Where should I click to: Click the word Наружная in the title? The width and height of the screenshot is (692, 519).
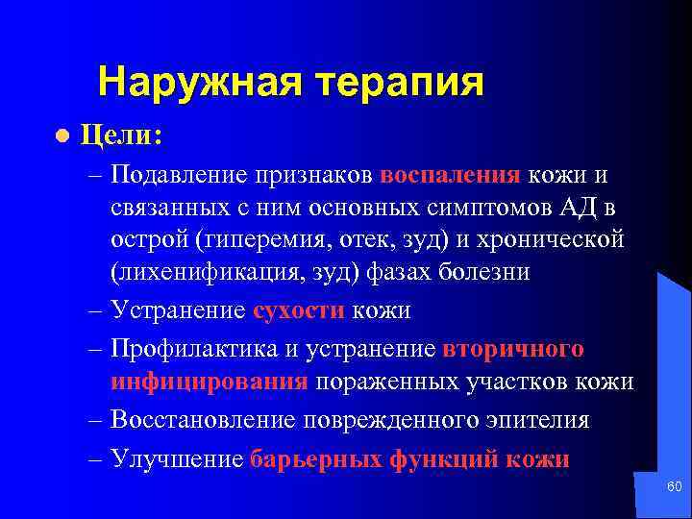(x=193, y=84)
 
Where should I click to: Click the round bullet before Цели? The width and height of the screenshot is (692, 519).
(x=62, y=136)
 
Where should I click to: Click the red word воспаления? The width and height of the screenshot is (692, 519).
(x=451, y=177)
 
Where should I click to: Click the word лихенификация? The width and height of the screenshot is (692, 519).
(x=203, y=270)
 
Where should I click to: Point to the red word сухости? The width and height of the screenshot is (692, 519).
(x=299, y=310)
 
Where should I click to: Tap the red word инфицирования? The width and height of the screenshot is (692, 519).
(x=209, y=382)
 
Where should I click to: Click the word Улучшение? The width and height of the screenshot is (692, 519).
(x=177, y=459)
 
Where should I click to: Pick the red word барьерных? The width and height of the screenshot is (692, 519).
(x=314, y=459)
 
